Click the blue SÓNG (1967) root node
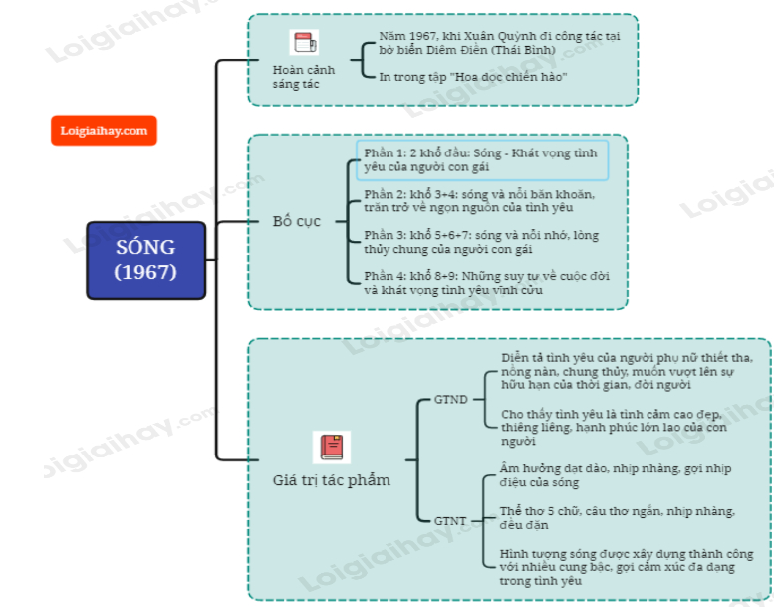click(144, 259)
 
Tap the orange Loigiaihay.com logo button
click(104, 130)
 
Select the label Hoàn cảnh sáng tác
click(304, 77)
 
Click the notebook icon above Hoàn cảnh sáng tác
click(304, 43)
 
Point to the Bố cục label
click(296, 221)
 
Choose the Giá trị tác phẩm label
click(332, 480)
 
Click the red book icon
click(332, 447)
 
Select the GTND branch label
click(450, 400)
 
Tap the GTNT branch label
click(450, 519)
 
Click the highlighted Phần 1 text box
click(481, 160)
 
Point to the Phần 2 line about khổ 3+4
click(479, 200)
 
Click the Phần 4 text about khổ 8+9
click(486, 283)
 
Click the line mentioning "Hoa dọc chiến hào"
click(473, 76)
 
